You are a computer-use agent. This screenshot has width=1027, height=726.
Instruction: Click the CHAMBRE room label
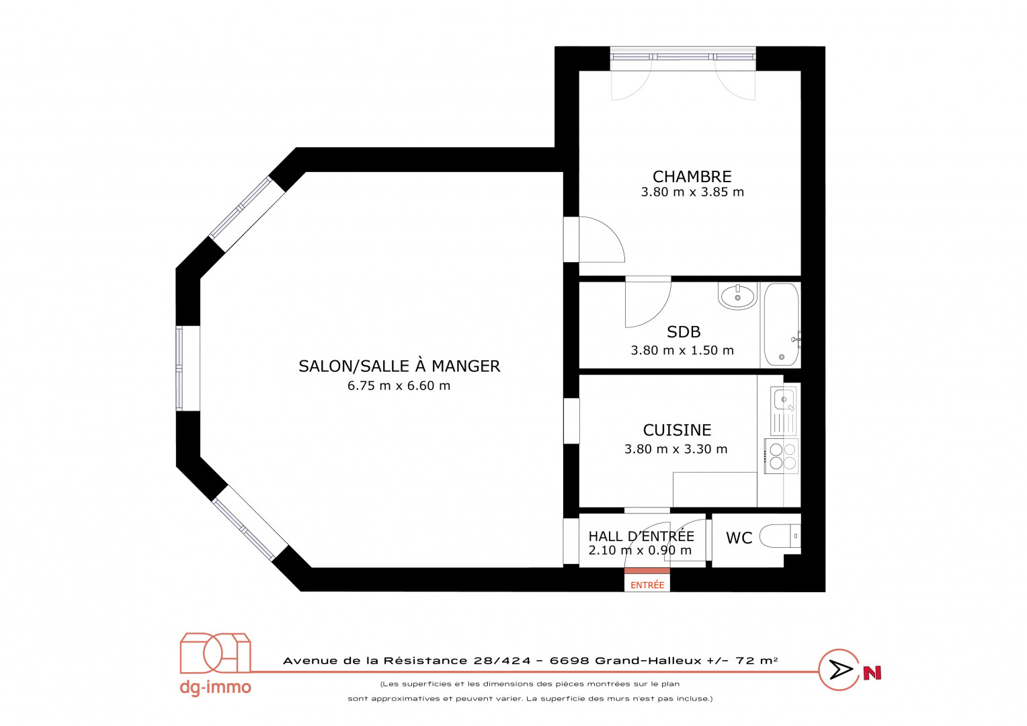[692, 177]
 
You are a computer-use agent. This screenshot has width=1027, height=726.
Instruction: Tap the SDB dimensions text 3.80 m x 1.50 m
[682, 350]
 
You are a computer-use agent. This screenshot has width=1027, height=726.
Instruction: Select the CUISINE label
[677, 430]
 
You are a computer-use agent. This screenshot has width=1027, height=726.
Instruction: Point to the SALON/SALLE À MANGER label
[399, 366]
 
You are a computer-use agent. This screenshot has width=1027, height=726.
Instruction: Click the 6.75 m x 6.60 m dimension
[399, 386]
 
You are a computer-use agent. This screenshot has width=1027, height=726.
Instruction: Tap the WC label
[739, 538]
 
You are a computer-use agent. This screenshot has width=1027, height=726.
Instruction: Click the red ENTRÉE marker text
[647, 586]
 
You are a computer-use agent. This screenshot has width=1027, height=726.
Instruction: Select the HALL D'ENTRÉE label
[641, 536]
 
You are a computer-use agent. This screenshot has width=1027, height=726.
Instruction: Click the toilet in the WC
[780, 536]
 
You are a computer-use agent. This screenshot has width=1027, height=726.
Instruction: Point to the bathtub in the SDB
[781, 324]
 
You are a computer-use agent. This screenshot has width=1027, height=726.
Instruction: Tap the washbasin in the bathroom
[737, 296]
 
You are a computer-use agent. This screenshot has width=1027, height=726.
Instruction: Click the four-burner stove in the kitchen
[781, 456]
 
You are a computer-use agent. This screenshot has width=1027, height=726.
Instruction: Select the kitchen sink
[784, 411]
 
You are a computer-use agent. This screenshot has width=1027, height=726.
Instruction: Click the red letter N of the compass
[872, 673]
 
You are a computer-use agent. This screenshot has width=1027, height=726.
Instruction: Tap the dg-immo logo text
[216, 687]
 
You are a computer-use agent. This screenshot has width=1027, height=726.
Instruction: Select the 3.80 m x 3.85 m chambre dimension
[692, 192]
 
